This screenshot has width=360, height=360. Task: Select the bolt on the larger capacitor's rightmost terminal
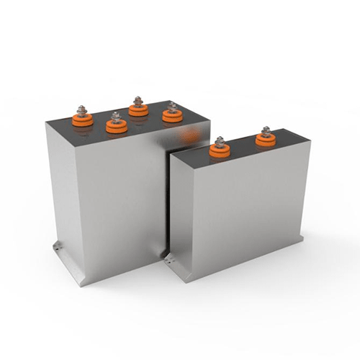pos(171,107)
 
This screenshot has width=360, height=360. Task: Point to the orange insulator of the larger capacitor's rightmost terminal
pos(171,115)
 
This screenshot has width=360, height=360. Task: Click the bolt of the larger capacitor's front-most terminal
pos(114,116)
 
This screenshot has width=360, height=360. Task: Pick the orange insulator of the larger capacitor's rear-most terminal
pos(138,109)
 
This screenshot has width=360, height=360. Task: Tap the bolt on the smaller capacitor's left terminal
pos(220,142)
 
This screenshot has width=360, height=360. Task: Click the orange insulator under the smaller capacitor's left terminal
pos(220,150)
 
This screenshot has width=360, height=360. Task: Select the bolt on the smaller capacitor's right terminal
pos(266,131)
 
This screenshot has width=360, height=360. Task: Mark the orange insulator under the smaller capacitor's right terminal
pos(266,140)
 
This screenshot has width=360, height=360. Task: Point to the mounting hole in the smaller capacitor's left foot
pos(170,255)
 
